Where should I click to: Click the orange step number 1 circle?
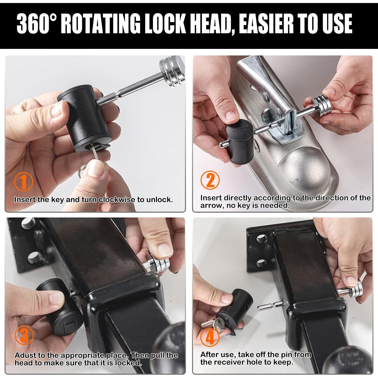tap(23, 181)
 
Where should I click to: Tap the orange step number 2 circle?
tap(210, 180)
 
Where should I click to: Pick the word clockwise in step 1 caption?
tap(117, 200)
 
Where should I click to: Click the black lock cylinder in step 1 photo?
tap(84, 118)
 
